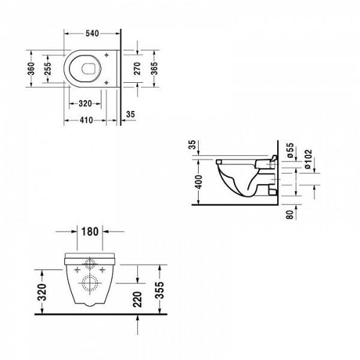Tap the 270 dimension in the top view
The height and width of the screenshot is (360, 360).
tap(137, 68)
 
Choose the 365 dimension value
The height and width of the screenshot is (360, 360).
tap(154, 68)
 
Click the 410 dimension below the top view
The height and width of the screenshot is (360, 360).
tap(85, 120)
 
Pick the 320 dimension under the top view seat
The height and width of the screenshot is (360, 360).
tap(85, 103)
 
